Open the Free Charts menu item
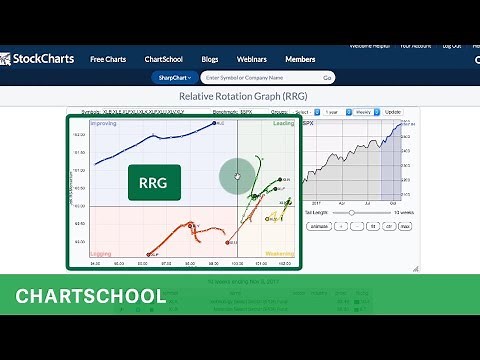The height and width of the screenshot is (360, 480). (108, 59)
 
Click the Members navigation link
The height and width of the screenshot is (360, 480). (300, 59)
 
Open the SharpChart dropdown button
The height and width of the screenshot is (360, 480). (175, 77)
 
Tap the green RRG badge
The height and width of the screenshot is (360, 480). (154, 182)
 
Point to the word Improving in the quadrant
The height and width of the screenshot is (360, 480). (103, 124)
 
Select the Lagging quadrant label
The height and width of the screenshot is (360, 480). (101, 255)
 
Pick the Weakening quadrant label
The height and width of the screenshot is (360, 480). (279, 255)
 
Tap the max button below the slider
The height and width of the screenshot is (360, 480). (405, 227)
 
